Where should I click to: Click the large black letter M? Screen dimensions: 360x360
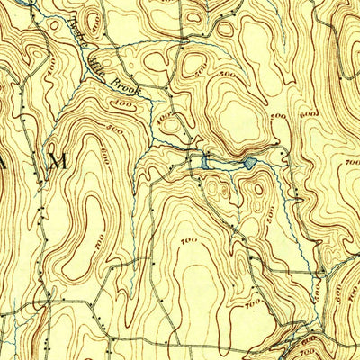pos(59,162)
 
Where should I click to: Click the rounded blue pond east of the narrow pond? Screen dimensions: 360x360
pos(247,163)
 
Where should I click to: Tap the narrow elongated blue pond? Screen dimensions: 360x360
pos(205,161)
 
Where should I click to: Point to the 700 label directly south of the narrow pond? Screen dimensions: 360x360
pos(189,241)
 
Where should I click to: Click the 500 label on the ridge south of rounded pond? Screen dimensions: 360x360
pos(268,213)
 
